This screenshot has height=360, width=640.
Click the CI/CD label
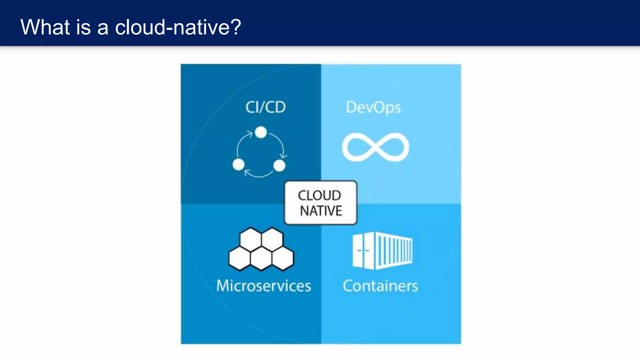[265, 107]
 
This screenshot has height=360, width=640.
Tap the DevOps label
[373, 108]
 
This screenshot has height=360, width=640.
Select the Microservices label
[264, 286]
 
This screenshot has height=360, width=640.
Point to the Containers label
[380, 286]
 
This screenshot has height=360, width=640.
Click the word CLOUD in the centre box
[319, 196]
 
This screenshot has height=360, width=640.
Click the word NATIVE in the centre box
[321, 211]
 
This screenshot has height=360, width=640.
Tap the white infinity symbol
[375, 147]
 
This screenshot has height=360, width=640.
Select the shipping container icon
[382, 251]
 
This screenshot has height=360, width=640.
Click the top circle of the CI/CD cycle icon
[261, 132]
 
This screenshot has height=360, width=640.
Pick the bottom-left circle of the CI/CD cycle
[238, 164]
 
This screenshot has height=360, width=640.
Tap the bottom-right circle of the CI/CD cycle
[279, 165]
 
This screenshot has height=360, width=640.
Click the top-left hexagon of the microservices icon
[251, 239]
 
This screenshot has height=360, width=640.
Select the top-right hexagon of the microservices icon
[272, 239]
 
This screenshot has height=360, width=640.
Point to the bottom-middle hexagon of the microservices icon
[261, 259]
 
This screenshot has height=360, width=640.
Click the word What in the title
[45, 27]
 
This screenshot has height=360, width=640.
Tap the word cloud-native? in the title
[178, 27]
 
